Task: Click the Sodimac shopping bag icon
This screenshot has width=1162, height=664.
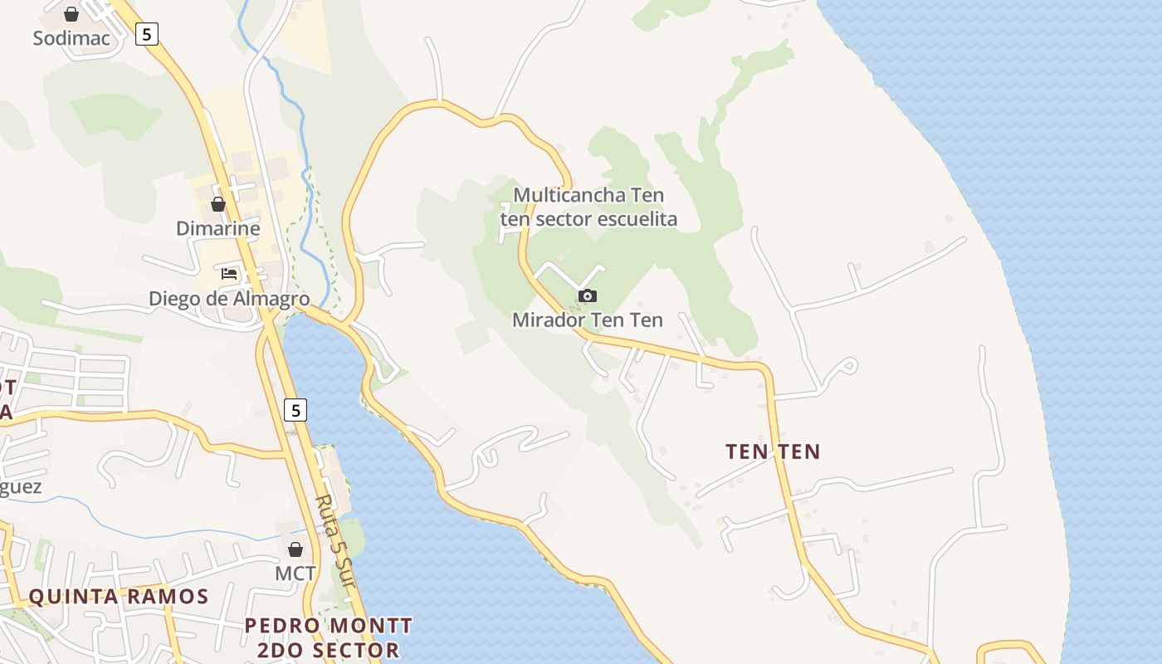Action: (x=71, y=14)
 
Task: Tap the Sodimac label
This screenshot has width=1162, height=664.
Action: (x=71, y=38)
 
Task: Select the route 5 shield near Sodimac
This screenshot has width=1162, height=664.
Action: (x=147, y=34)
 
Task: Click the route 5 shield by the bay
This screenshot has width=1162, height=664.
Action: (x=295, y=409)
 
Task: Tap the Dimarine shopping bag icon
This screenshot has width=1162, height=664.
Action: (x=218, y=204)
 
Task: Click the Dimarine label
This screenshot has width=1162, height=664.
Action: (x=218, y=228)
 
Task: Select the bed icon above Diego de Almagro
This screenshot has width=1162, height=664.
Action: (x=229, y=273)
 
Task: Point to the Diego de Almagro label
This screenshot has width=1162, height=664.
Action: (x=229, y=298)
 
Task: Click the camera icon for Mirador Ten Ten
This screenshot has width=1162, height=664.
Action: (x=587, y=295)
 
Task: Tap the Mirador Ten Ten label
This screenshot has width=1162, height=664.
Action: (x=588, y=320)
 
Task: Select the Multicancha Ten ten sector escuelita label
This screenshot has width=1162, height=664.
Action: (x=588, y=207)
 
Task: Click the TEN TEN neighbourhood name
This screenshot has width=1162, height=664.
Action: (x=773, y=452)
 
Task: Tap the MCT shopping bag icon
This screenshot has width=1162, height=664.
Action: (x=295, y=549)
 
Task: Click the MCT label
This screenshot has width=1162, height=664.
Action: (x=295, y=573)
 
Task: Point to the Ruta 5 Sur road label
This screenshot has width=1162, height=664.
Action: (x=336, y=544)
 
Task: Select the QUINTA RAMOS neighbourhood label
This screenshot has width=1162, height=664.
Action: (x=119, y=596)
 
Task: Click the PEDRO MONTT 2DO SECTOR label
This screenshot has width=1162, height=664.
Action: (x=329, y=637)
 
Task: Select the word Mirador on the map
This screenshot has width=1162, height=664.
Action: (x=544, y=320)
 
